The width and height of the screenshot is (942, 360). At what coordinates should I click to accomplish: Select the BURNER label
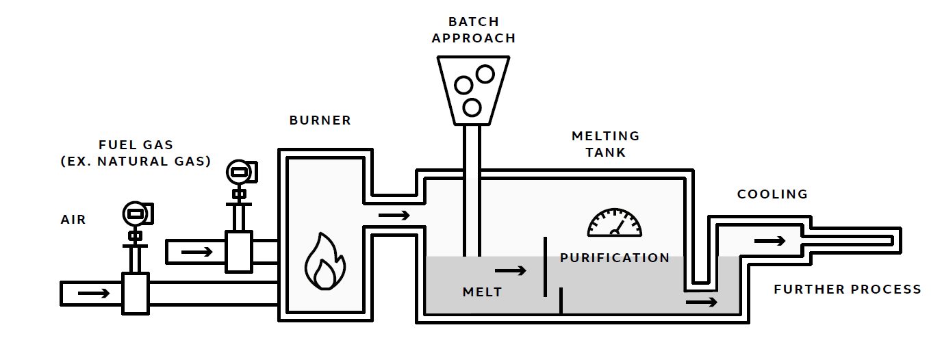pyautogui.click(x=320, y=120)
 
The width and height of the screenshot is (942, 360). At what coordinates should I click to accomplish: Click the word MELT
pyautogui.click(x=482, y=292)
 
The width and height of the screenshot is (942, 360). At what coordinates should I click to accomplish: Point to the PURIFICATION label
pyautogui.click(x=615, y=258)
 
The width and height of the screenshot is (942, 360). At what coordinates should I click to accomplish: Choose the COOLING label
pyautogui.click(x=772, y=194)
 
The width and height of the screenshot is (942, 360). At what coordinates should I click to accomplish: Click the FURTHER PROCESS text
pyautogui.click(x=848, y=290)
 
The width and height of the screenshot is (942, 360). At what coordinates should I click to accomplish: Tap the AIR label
pyautogui.click(x=73, y=220)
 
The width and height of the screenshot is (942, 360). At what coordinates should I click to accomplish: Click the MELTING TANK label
pyautogui.click(x=605, y=144)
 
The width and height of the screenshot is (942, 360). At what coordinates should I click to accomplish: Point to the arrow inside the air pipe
pyautogui.click(x=94, y=294)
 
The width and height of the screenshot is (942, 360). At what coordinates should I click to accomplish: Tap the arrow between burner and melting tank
pyautogui.click(x=394, y=216)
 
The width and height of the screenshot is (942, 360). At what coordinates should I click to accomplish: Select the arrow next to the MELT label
pyautogui.click(x=511, y=270)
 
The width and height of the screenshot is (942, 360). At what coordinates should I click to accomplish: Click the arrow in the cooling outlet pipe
pyautogui.click(x=769, y=241)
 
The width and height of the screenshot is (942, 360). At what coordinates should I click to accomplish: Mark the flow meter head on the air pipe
pyautogui.click(x=136, y=214)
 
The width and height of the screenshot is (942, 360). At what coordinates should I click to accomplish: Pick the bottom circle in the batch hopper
pyautogui.click(x=471, y=107)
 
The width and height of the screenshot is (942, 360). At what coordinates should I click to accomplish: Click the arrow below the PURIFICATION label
pyautogui.click(x=702, y=302)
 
